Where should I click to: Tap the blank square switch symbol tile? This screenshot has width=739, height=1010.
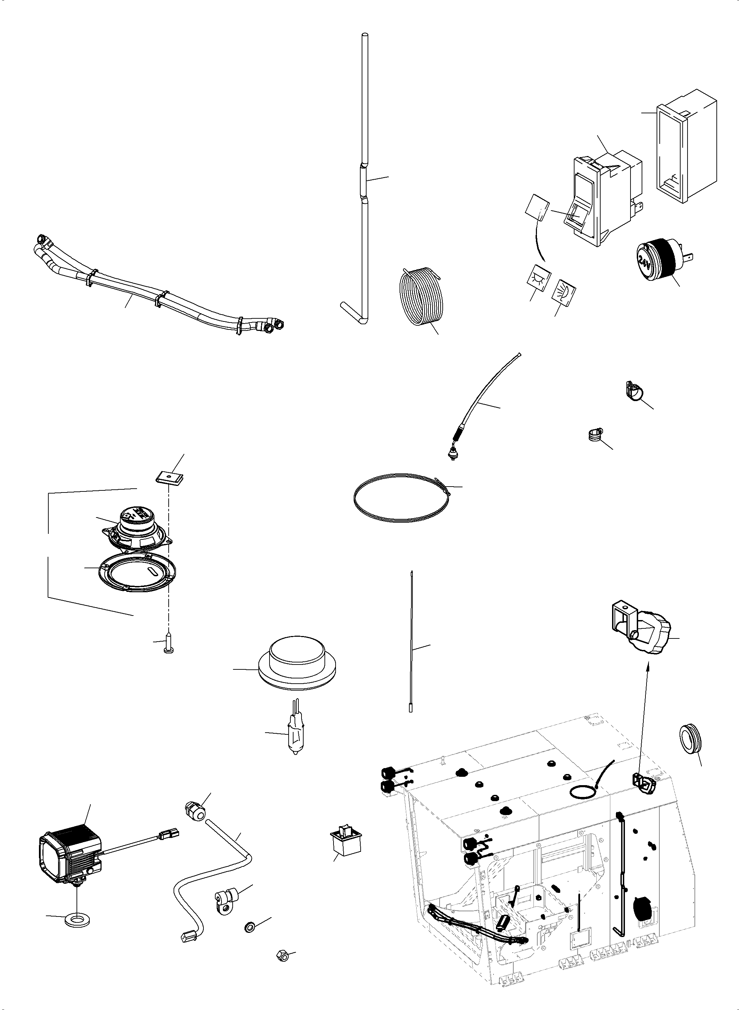538,208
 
